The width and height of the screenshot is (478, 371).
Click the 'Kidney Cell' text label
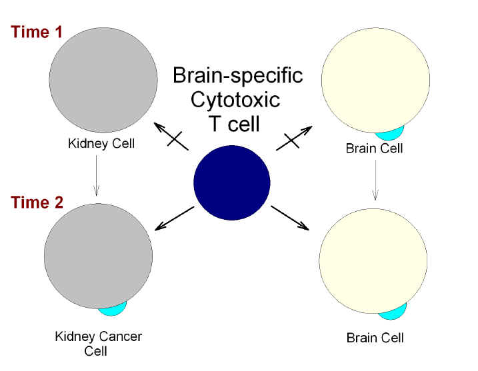tap(101, 143)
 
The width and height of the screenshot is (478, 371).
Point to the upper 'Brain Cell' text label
tap(374, 149)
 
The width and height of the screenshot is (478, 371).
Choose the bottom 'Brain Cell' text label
tap(375, 338)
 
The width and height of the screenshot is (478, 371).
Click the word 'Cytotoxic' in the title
tap(235, 100)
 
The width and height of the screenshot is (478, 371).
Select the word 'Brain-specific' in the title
tap(237, 75)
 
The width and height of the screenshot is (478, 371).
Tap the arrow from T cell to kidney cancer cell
tap(174, 218)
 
